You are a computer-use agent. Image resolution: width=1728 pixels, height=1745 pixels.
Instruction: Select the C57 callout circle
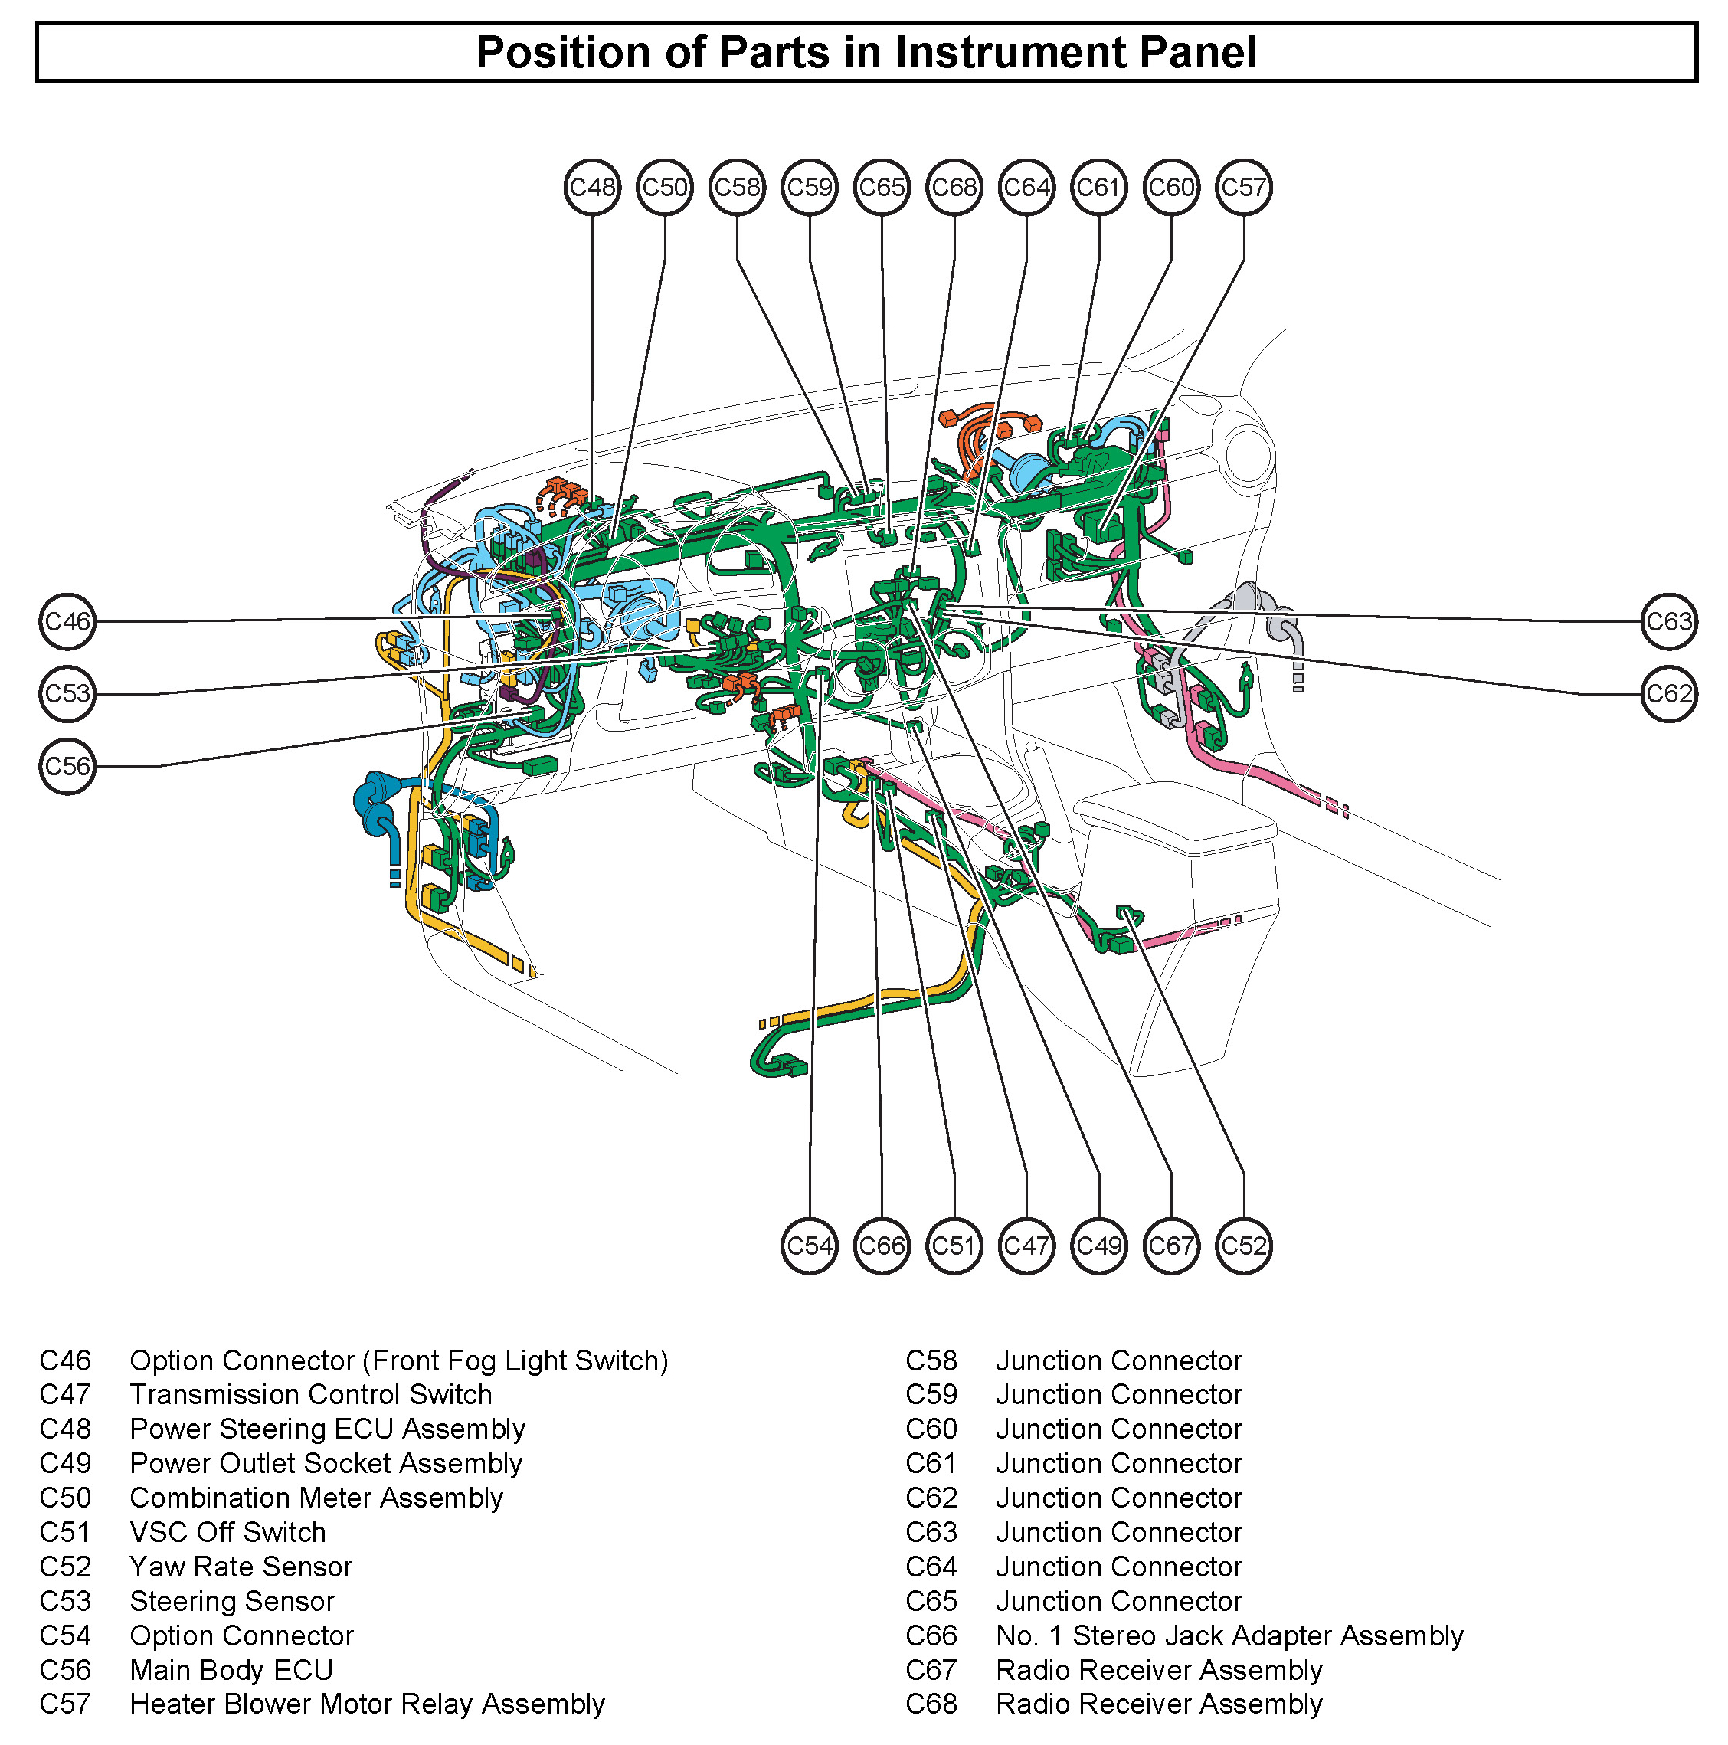point(1243,188)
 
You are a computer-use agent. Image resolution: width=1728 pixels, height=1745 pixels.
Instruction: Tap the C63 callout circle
point(1667,621)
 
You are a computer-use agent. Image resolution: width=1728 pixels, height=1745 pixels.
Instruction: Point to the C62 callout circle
point(1667,694)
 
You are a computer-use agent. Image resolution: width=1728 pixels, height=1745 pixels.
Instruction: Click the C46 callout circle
point(67,621)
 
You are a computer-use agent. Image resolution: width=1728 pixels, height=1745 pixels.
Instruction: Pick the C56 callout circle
point(67,767)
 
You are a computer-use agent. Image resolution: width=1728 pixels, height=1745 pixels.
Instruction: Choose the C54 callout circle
point(810,1246)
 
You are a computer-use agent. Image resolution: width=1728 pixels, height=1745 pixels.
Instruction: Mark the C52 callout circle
point(1243,1246)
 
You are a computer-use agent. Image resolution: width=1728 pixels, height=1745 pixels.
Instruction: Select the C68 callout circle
point(954,188)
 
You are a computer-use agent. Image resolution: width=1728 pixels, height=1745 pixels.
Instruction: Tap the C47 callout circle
point(1026,1246)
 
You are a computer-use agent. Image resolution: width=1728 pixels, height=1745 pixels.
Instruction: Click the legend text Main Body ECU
point(231,1670)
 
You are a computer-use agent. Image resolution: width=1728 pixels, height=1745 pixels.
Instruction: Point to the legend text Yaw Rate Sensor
point(241,1567)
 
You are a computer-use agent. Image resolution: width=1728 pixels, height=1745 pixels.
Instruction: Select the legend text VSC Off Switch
point(227,1533)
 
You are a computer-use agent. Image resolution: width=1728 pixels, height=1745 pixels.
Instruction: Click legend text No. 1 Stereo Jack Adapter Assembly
point(1229,1635)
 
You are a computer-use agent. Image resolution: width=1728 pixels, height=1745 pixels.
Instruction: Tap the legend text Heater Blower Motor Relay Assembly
point(367,1704)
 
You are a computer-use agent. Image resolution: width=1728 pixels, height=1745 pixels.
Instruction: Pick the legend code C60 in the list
point(931,1429)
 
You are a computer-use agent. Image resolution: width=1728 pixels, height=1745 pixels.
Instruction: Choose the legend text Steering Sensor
point(232,1602)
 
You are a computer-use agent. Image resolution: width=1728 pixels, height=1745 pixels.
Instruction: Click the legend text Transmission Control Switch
point(311,1396)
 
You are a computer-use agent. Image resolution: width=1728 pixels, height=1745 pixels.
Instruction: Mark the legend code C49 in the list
point(65,1464)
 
